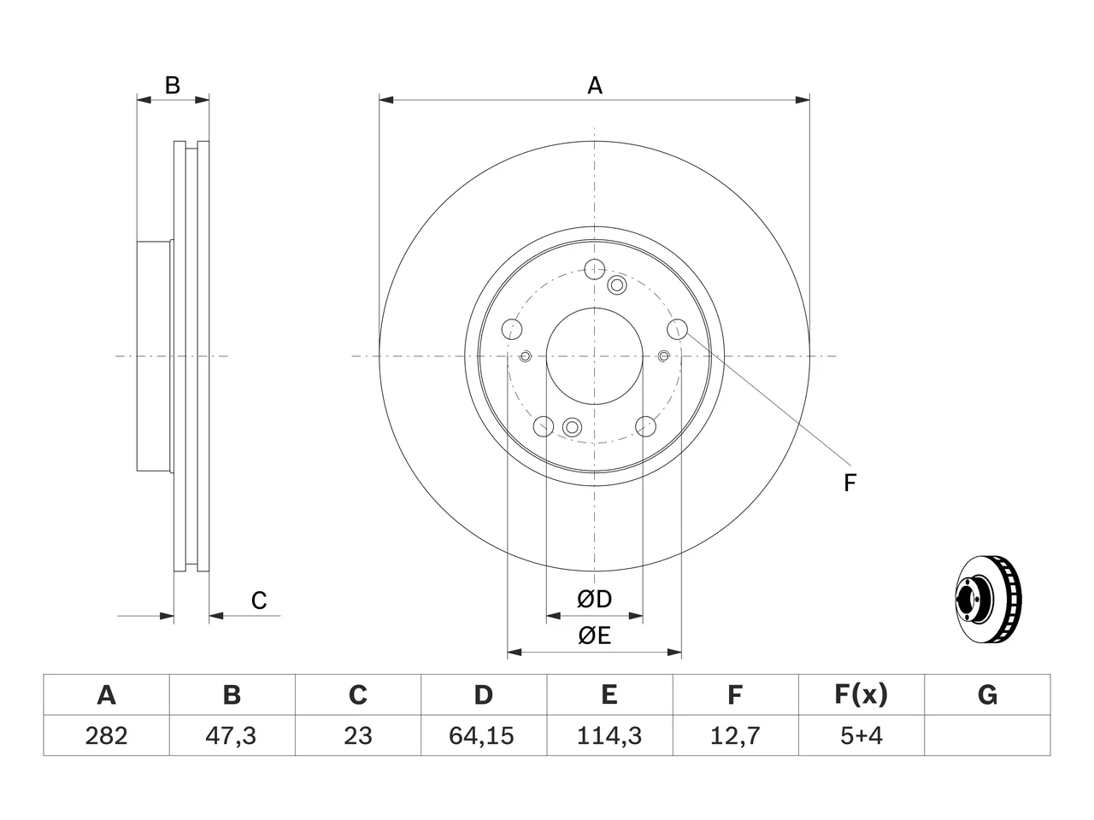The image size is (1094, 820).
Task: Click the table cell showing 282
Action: [106, 735]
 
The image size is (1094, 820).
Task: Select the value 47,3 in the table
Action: [232, 735]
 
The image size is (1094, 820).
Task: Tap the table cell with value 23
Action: [358, 735]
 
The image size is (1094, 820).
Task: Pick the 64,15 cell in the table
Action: [484, 735]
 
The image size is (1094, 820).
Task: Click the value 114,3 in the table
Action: [609, 735]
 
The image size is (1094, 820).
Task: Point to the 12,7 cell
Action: [736, 735]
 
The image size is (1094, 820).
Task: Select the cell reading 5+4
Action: [862, 735]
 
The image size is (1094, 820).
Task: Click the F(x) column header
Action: [862, 695]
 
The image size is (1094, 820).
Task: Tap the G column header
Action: [987, 695]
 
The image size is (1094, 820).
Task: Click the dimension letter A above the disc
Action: [595, 85]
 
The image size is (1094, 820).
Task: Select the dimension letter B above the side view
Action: [173, 85]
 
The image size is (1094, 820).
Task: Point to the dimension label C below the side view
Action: [259, 600]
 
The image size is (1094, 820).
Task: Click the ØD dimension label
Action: [594, 600]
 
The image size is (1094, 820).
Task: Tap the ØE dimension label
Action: [594, 636]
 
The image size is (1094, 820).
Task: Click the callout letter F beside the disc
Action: [850, 483]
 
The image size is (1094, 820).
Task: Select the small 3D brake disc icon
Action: [988, 599]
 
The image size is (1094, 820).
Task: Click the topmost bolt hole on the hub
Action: [595, 269]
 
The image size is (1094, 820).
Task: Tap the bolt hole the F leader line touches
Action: [677, 329]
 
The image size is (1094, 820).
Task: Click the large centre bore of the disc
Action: [595, 356]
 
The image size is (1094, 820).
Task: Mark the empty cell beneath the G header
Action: [987, 735]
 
